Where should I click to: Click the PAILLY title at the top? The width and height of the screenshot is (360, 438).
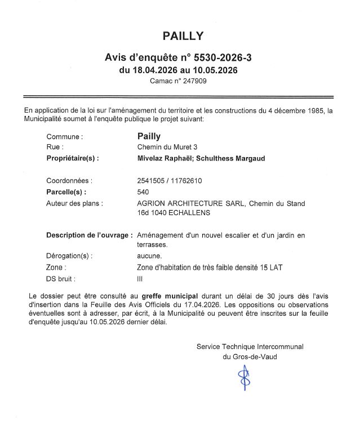pyautogui.click(x=183, y=37)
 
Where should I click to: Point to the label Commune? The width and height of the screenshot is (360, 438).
pyautogui.click(x=64, y=136)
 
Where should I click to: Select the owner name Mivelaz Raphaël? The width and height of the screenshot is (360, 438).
pyautogui.click(x=161, y=159)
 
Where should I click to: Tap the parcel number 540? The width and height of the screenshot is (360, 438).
pyautogui.click(x=143, y=192)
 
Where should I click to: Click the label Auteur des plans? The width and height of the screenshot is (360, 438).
pyautogui.click(x=74, y=203)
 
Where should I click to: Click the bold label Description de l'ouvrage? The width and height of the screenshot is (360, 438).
pyautogui.click(x=89, y=235)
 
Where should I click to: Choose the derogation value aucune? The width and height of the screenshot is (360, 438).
pyautogui.click(x=149, y=256)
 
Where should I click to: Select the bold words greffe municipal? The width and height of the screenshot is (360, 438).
pyautogui.click(x=169, y=295)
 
